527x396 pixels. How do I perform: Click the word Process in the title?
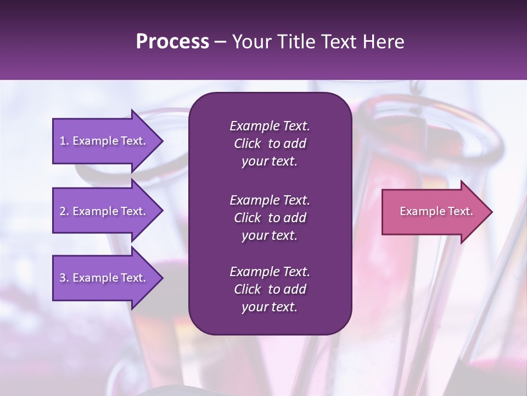[x=172, y=42]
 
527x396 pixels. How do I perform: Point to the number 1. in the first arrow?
[x=64, y=141]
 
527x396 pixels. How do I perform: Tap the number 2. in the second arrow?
[x=64, y=211]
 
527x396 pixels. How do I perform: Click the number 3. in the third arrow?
[x=64, y=278]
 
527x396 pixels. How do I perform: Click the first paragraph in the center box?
[x=270, y=144]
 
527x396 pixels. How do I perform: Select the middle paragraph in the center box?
[x=270, y=217]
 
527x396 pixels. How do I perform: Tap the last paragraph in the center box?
[x=270, y=289]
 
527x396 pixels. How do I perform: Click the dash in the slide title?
[x=220, y=42]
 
